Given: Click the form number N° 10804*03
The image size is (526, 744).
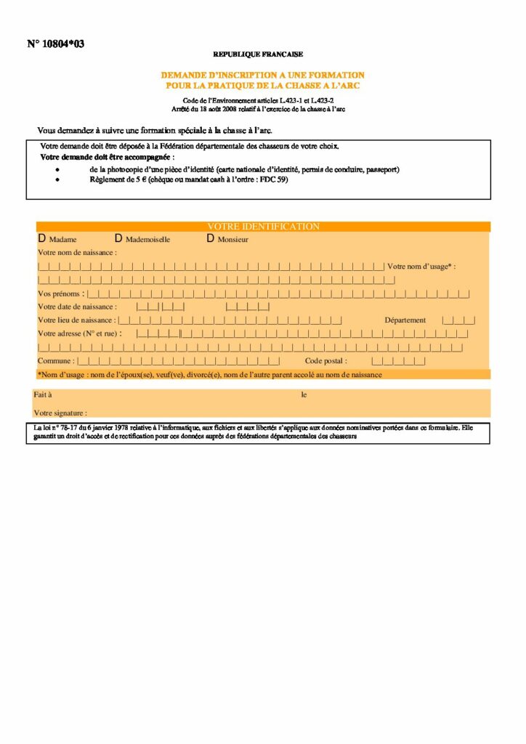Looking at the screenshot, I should click(56, 44).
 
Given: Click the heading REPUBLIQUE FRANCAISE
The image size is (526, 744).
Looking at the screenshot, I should click(258, 54).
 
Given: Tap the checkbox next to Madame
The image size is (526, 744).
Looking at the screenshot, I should click(41, 238).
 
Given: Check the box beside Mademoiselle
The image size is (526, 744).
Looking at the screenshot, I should click(118, 238).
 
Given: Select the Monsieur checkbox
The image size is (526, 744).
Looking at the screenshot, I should click(211, 238).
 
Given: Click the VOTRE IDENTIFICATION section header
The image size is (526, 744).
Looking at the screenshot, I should click(263, 227).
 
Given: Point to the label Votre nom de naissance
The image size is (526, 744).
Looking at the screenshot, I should click(77, 252).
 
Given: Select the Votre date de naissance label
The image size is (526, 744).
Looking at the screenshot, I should click(77, 307).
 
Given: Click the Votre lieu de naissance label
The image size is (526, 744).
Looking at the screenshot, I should click(76, 320).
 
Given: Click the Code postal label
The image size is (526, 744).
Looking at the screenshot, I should click(326, 360).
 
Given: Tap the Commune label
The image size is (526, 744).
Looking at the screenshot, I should click(55, 360).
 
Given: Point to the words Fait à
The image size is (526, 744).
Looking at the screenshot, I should click(42, 395).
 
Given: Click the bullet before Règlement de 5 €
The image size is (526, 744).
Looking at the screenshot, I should click(58, 179).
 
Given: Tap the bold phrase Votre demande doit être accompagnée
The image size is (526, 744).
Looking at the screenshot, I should click(106, 157).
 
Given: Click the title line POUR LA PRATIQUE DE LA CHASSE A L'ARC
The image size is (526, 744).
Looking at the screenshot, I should click(262, 86).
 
